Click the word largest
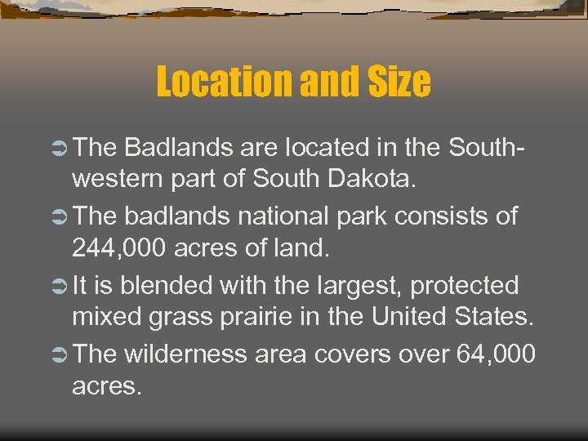point(356,287)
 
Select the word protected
point(464,286)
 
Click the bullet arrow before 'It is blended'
point(58,287)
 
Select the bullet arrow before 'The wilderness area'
point(58,354)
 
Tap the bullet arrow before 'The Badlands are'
point(58,148)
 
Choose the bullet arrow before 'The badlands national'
point(58,217)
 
